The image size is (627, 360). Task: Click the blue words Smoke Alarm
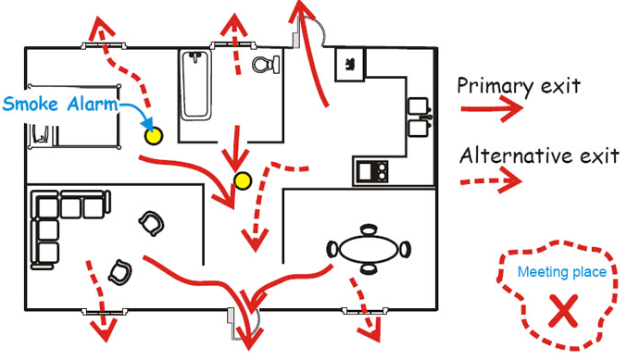pyautogui.click(x=60, y=103)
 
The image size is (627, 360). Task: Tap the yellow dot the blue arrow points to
pyautogui.click(x=152, y=135)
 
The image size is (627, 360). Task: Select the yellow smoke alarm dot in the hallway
pyautogui.click(x=243, y=180)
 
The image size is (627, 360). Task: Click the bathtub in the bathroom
pyautogui.click(x=194, y=85)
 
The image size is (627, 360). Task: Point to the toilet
pyautogui.click(x=264, y=65)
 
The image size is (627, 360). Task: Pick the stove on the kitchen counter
pyautogui.click(x=373, y=170)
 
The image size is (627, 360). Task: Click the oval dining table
pyautogui.click(x=369, y=248)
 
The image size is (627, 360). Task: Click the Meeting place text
pyautogui.click(x=562, y=272)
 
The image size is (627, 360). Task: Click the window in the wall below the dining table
pyautogui.click(x=360, y=310)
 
